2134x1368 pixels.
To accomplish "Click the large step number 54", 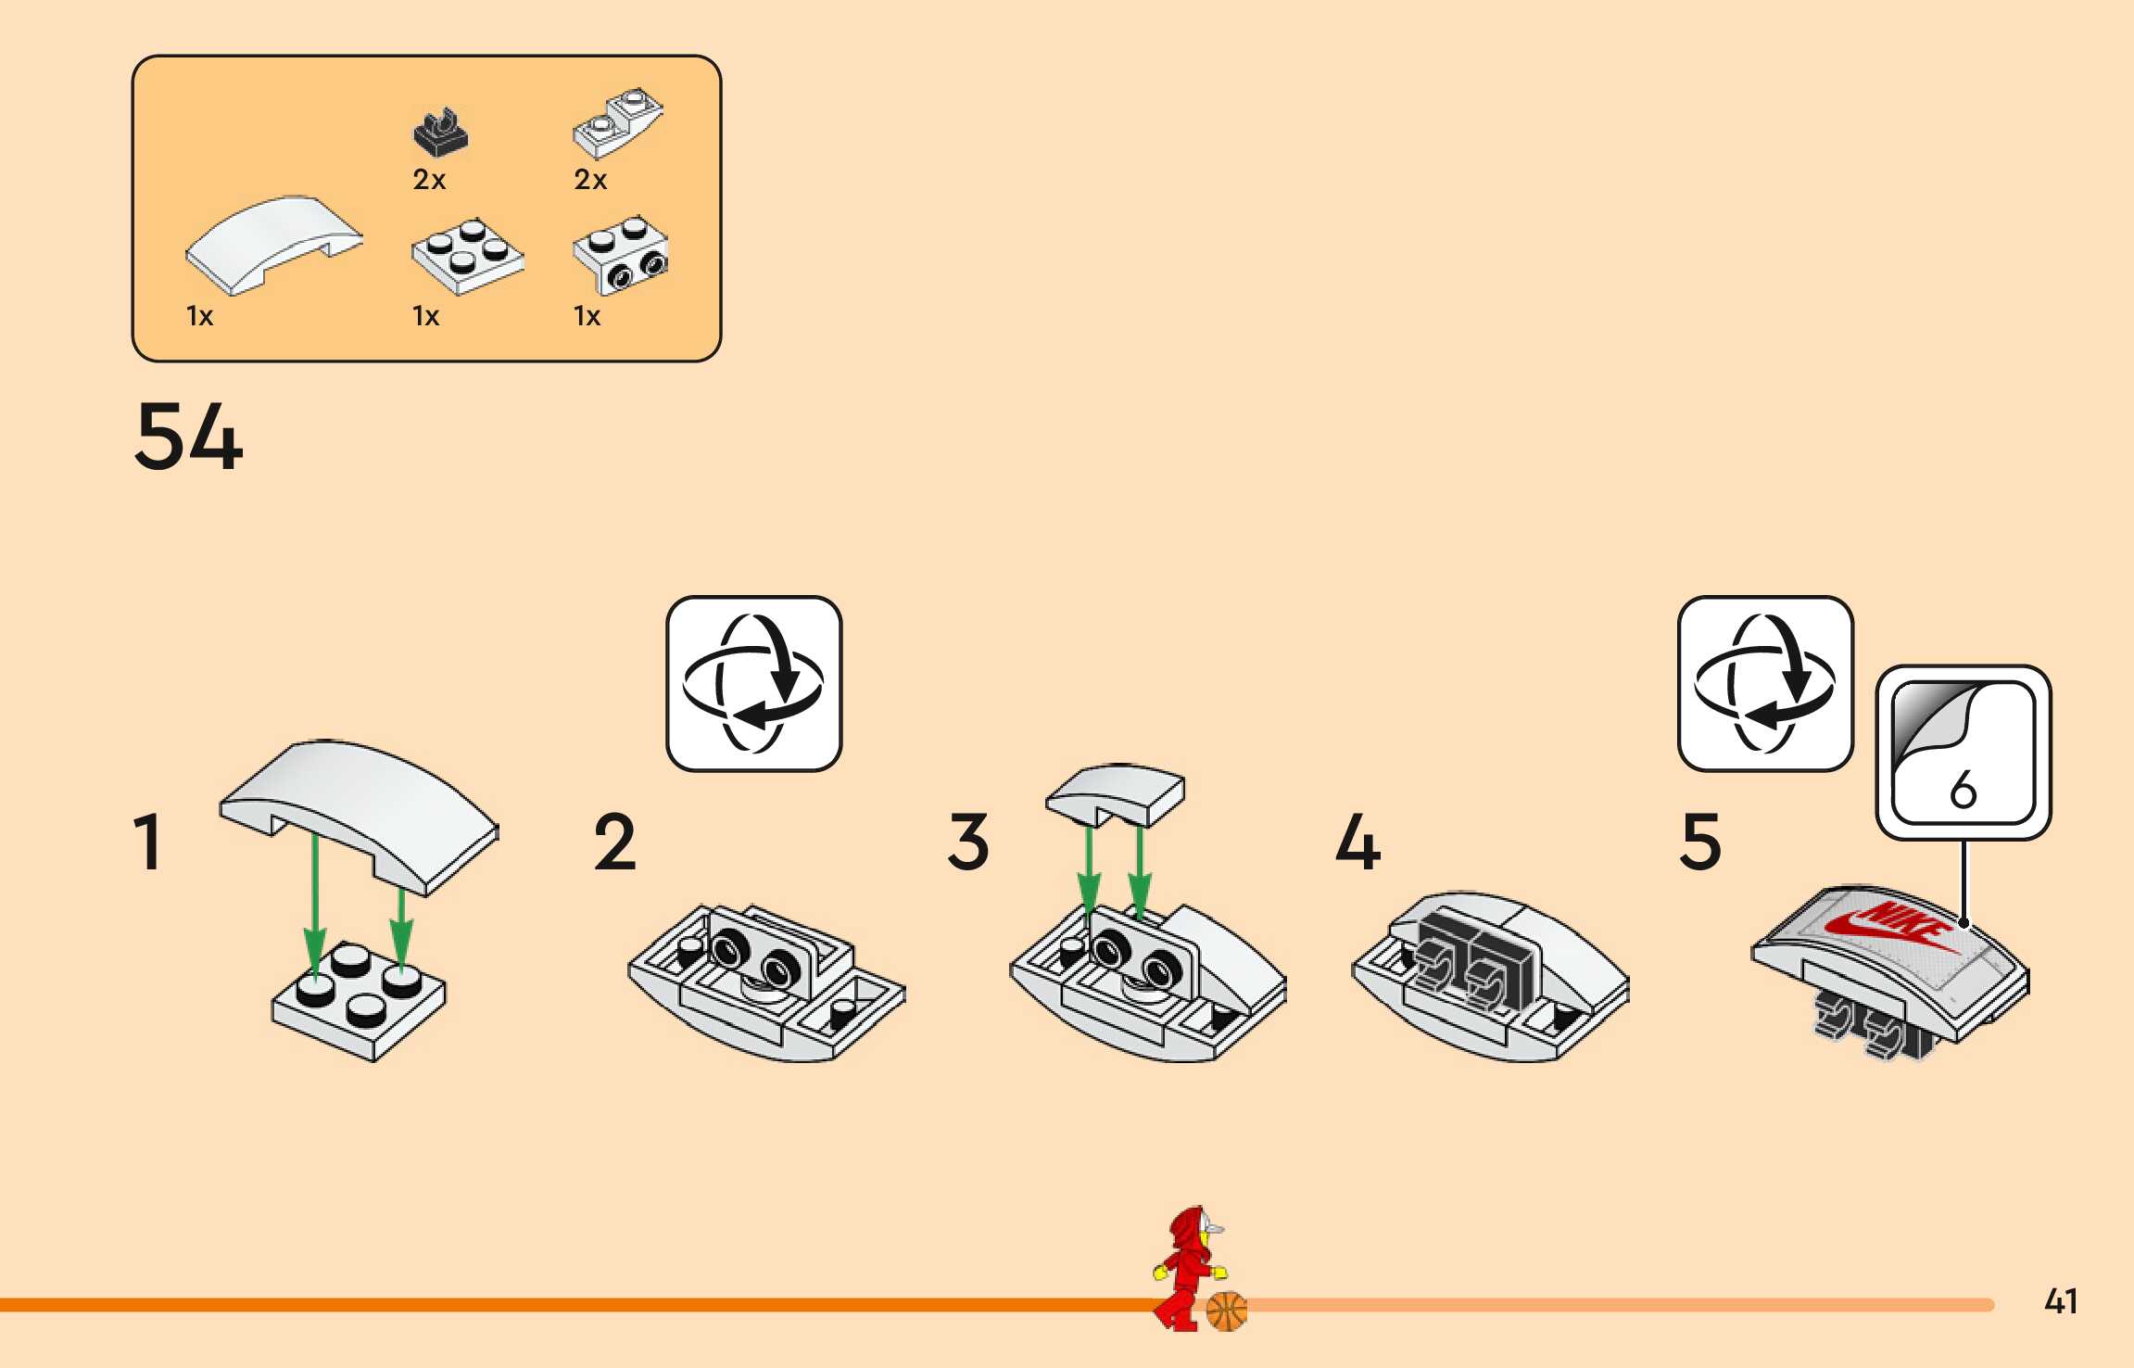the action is [x=189, y=437].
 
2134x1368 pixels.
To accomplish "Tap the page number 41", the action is [x=2061, y=1301].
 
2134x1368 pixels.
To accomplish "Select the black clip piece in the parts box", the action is [x=440, y=133].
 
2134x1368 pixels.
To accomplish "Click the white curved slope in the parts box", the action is [x=274, y=243].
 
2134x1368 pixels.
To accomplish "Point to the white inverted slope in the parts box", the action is [x=618, y=124].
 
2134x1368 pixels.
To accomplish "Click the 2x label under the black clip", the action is [x=429, y=180].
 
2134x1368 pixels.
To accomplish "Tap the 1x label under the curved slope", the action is [x=199, y=317].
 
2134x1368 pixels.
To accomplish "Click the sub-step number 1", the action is [x=148, y=842].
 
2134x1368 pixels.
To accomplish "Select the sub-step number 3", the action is [x=968, y=842].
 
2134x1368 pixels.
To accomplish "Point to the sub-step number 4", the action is [x=1357, y=842].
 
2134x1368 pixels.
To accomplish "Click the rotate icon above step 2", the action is [x=753, y=683].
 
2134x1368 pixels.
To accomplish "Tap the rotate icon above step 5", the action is [x=1765, y=683].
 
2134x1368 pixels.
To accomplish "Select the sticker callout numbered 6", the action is [x=1964, y=753].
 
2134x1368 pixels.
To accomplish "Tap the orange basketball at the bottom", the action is [x=1227, y=1311].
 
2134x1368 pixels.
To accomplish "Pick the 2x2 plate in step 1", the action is [x=360, y=1001].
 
